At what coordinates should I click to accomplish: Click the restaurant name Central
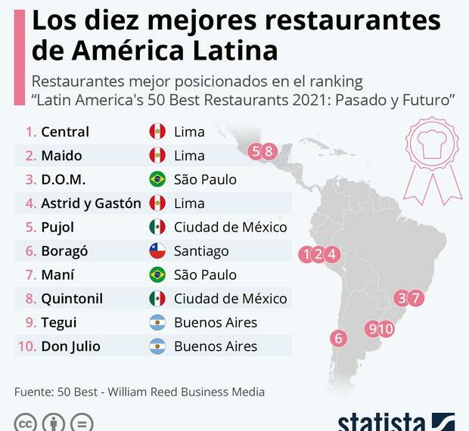pyautogui.click(x=65, y=132)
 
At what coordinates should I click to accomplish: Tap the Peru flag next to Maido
pyautogui.click(x=157, y=156)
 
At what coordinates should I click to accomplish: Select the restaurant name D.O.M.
pyautogui.click(x=64, y=180)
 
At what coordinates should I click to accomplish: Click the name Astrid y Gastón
pyautogui.click(x=91, y=203)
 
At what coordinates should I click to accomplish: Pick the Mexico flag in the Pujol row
pyautogui.click(x=157, y=227)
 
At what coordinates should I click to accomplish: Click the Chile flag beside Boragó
pyautogui.click(x=157, y=251)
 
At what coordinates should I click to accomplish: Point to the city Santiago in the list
pyautogui.click(x=201, y=251)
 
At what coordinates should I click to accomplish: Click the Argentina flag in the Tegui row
pyautogui.click(x=157, y=323)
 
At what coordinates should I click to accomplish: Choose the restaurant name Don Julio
pyautogui.click(x=70, y=346)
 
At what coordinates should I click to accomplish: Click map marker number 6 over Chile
pyautogui.click(x=339, y=339)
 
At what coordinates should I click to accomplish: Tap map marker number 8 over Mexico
pyautogui.click(x=269, y=151)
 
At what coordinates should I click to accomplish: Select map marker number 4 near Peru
pyautogui.click(x=333, y=255)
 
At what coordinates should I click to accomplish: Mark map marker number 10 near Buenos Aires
pyautogui.click(x=387, y=328)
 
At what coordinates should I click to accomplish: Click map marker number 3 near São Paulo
pyautogui.click(x=402, y=298)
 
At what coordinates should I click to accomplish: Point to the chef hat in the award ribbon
pyautogui.click(x=432, y=142)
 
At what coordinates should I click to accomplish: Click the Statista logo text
pyautogui.click(x=382, y=422)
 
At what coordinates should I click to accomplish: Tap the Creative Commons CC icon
pyautogui.click(x=26, y=422)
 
